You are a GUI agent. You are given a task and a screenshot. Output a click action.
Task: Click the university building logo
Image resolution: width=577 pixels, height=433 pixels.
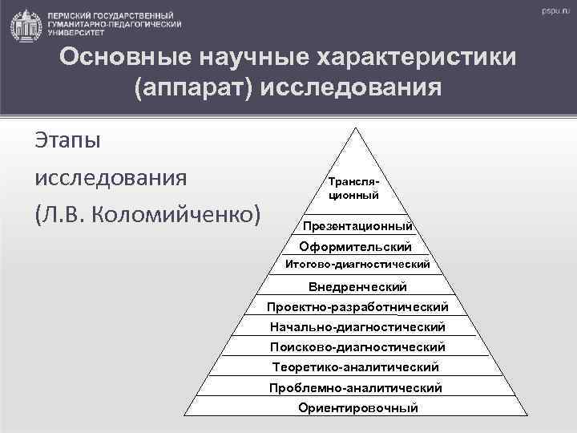click(26, 26)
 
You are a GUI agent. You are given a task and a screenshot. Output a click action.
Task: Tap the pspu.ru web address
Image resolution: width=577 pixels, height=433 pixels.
click(554, 14)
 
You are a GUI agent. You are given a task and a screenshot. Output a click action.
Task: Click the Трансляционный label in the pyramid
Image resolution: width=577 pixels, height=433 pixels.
click(353, 188)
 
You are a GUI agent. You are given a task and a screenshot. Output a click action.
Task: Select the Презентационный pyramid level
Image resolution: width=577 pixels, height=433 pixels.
click(357, 226)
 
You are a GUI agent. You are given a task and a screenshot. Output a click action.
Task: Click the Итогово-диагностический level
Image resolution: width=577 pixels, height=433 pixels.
click(357, 264)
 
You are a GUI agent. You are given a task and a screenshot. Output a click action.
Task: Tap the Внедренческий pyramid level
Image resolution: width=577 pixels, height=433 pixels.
click(357, 286)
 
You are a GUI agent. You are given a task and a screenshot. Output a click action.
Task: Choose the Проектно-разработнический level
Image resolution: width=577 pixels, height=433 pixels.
click(357, 307)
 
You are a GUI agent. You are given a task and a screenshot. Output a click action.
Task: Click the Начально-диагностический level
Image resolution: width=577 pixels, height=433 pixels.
click(357, 327)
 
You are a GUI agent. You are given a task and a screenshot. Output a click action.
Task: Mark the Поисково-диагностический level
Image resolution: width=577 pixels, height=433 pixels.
click(357, 347)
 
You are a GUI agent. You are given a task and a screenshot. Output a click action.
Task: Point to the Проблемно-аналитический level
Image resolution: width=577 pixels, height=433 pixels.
click(357, 387)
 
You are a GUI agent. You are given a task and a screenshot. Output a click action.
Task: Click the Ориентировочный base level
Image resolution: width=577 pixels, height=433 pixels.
click(357, 408)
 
